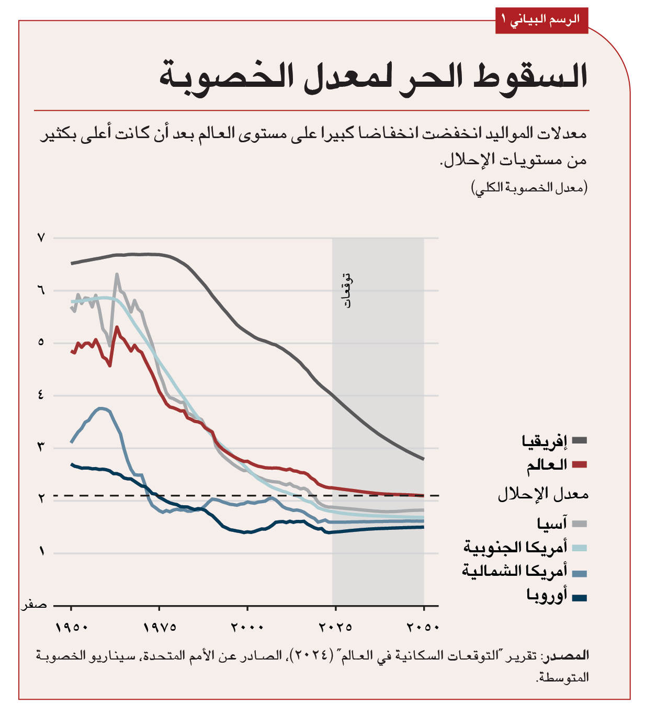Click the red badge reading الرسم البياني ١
tap(541, 20)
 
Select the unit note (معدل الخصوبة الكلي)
tap(529, 187)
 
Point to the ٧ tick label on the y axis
tap(41, 238)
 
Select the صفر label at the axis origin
tap(34, 605)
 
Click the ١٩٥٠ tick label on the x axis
tap(72, 627)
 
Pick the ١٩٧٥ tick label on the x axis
tap(160, 627)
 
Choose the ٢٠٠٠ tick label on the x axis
tap(247, 627)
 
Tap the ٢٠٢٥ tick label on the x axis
tap(335, 627)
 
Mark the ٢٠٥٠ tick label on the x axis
tap(423, 627)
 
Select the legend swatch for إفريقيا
tap(580, 441)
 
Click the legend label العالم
tap(547, 464)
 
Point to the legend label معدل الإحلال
tap(543, 494)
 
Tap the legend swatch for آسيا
tap(580, 524)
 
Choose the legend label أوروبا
tap(547, 596)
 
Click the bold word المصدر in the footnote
tap(568, 655)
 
